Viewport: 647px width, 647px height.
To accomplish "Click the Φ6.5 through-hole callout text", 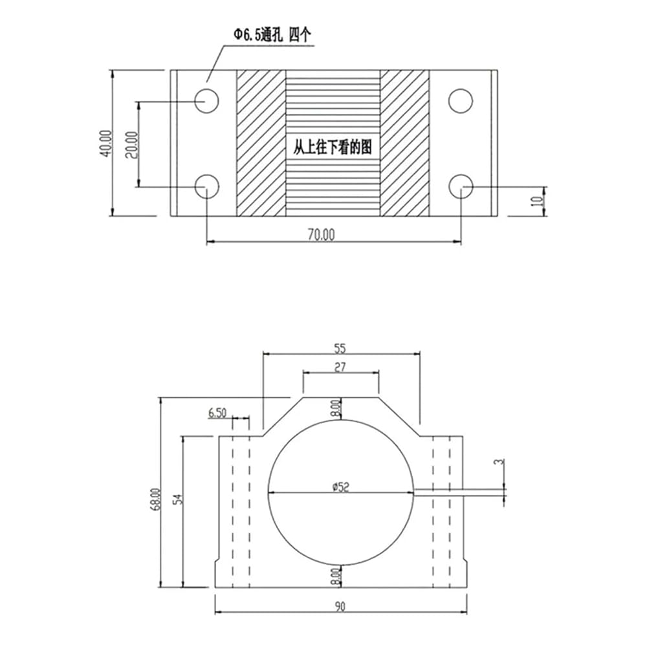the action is [272, 35].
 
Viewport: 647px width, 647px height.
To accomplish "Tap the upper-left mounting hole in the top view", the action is [206, 101].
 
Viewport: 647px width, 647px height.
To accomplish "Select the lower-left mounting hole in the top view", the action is [206, 186].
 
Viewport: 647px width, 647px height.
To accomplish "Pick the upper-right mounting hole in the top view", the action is [461, 101].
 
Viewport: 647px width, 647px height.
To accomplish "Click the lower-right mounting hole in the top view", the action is [461, 186].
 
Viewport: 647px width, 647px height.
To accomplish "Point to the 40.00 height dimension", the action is [105, 143].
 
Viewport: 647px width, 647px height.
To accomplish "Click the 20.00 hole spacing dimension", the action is [132, 145].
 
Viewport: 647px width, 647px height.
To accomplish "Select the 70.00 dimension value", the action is [321, 234].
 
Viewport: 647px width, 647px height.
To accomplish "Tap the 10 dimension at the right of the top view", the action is [537, 201].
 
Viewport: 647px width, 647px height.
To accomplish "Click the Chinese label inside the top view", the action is [333, 148].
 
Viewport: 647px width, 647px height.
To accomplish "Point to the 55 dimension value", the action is [340, 349].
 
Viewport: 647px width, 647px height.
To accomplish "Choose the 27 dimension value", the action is [340, 367].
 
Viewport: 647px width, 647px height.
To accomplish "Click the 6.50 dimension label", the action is [217, 413].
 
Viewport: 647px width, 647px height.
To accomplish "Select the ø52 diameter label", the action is [341, 487].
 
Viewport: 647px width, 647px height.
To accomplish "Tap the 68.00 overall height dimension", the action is [155, 499].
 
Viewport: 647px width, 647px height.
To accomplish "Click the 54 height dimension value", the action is [179, 499].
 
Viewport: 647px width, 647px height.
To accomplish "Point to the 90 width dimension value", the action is [340, 607].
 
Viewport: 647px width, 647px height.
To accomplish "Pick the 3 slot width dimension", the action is [501, 461].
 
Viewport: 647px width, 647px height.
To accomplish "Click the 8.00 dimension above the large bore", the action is [337, 408].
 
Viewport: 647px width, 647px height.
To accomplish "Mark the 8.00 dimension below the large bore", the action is [337, 576].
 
